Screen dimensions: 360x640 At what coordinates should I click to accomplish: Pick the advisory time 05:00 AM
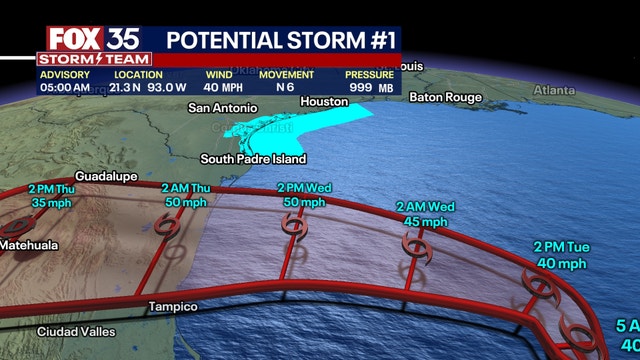click(x=65, y=88)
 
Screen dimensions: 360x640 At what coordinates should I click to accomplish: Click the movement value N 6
click(x=286, y=88)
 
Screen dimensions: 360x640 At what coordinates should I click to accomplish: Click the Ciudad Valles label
click(x=76, y=331)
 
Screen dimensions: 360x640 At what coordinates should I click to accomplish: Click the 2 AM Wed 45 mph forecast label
click(x=426, y=214)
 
